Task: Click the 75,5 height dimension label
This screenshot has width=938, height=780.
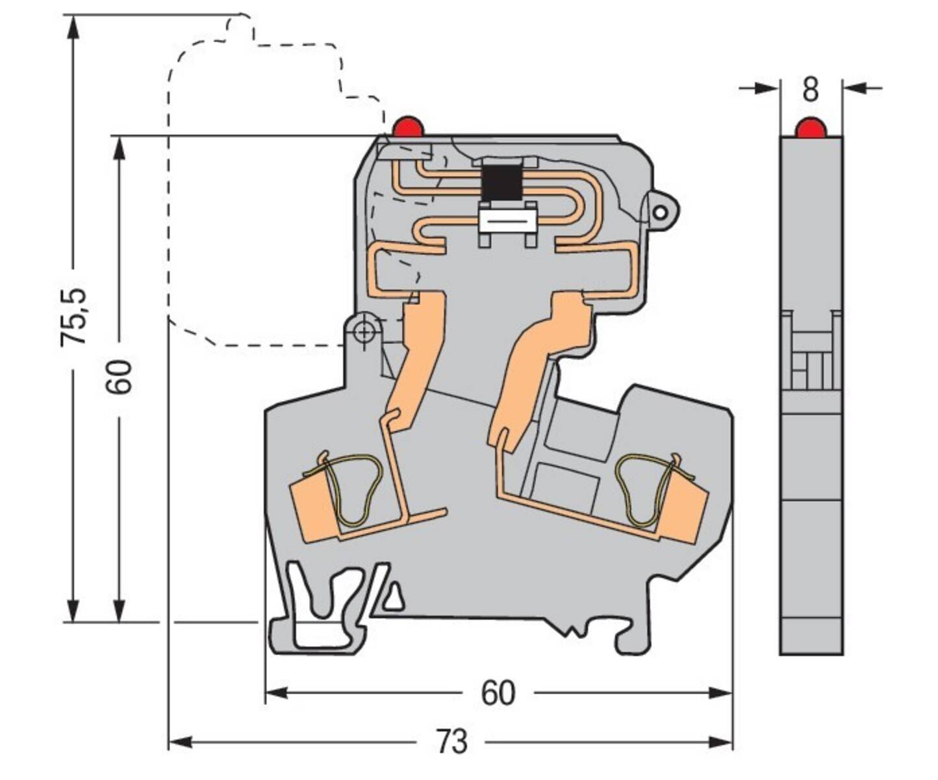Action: [73, 317]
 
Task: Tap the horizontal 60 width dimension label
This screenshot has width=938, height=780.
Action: [498, 694]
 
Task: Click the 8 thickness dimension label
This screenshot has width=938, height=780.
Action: [811, 90]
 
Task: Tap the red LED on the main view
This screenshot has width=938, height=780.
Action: [408, 127]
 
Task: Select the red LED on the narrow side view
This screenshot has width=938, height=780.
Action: [811, 128]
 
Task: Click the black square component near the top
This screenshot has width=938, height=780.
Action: [501, 182]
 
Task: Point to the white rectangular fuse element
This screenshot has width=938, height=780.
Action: [507, 221]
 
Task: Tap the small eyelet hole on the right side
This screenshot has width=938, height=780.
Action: [660, 212]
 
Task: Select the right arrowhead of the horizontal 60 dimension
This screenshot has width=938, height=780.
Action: [720, 694]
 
